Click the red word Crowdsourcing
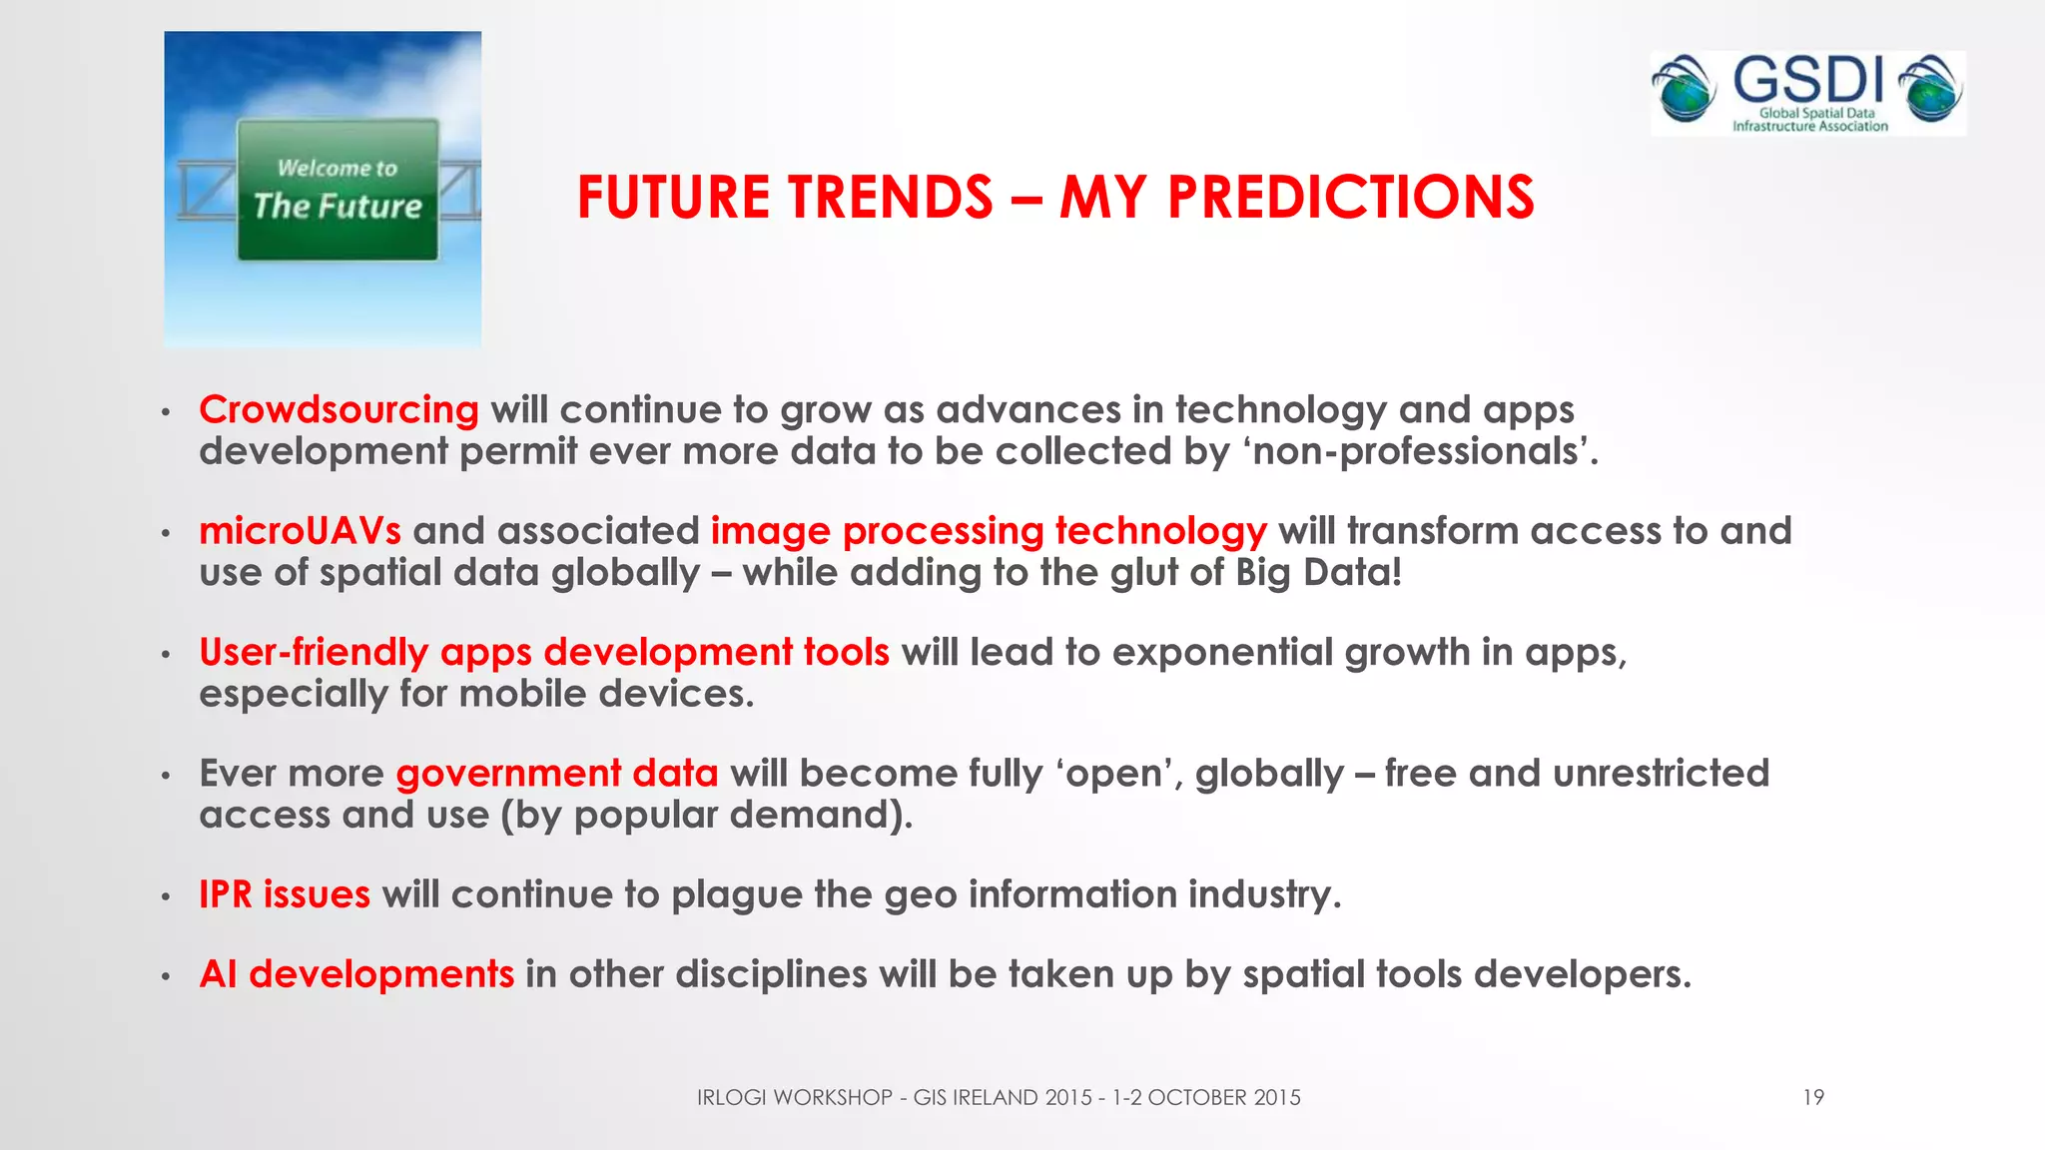point(339,410)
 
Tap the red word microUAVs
point(300,531)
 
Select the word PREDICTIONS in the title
point(1350,197)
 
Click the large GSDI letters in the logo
point(1807,81)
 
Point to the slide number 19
point(1812,1098)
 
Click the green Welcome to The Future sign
point(338,190)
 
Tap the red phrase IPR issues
point(285,894)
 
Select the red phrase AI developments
point(356,974)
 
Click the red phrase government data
point(557,774)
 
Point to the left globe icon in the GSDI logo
point(1684,91)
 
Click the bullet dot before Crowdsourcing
point(167,412)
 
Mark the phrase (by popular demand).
point(706,816)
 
